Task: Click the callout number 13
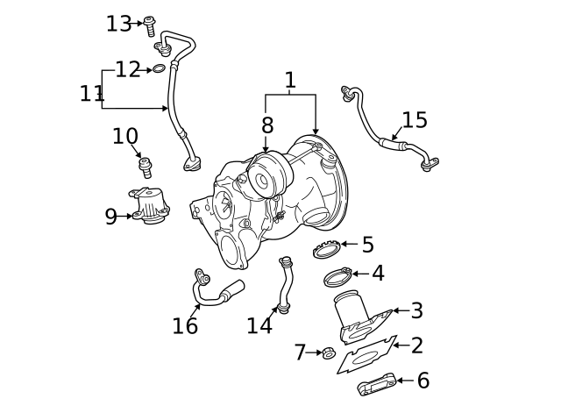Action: pyautogui.click(x=118, y=24)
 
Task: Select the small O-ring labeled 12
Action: pyautogui.click(x=160, y=69)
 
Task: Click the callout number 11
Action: pyautogui.click(x=91, y=93)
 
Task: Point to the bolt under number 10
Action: pyautogui.click(x=145, y=165)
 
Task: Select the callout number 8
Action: pyautogui.click(x=266, y=126)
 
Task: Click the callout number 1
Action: pyautogui.click(x=290, y=82)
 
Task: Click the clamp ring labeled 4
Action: pyautogui.click(x=338, y=278)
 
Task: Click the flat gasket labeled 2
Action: pyautogui.click(x=366, y=355)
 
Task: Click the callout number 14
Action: pyautogui.click(x=259, y=325)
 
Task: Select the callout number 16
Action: pyautogui.click(x=185, y=326)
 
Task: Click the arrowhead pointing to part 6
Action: pyautogui.click(x=401, y=381)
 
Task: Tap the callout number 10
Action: pyautogui.click(x=125, y=136)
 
